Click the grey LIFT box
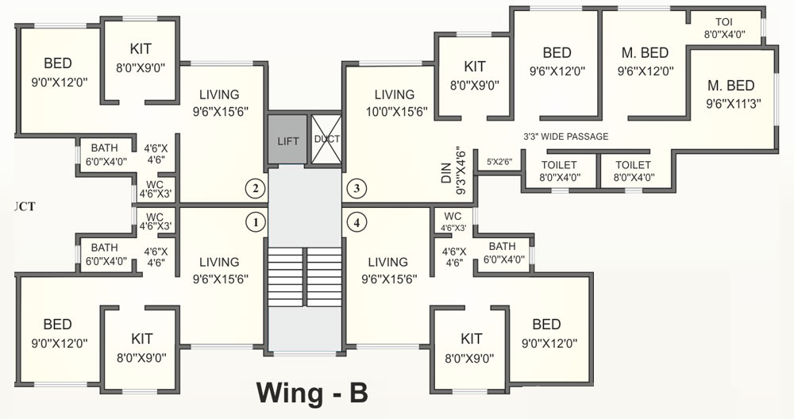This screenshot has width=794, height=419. [x=287, y=140]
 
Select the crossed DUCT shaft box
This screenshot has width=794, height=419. [x=326, y=140]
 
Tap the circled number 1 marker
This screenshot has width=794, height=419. [x=255, y=223]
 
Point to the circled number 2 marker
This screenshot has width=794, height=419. [x=255, y=189]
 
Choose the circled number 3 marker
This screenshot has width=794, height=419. [x=357, y=189]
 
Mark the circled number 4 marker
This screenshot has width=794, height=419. [x=357, y=223]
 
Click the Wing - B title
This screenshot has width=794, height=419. [x=312, y=392]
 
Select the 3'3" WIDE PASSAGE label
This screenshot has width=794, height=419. [x=565, y=136]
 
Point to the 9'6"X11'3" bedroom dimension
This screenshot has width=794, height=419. [x=729, y=102]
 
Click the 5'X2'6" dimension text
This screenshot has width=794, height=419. [x=499, y=162]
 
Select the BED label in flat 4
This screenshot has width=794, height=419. [x=546, y=325]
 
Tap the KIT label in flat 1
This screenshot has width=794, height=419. [x=141, y=339]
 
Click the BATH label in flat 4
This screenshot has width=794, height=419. [x=502, y=247]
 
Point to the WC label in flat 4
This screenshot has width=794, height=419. [x=453, y=217]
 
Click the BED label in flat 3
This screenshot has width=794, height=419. [x=557, y=53]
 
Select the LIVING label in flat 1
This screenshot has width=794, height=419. [x=219, y=262]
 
